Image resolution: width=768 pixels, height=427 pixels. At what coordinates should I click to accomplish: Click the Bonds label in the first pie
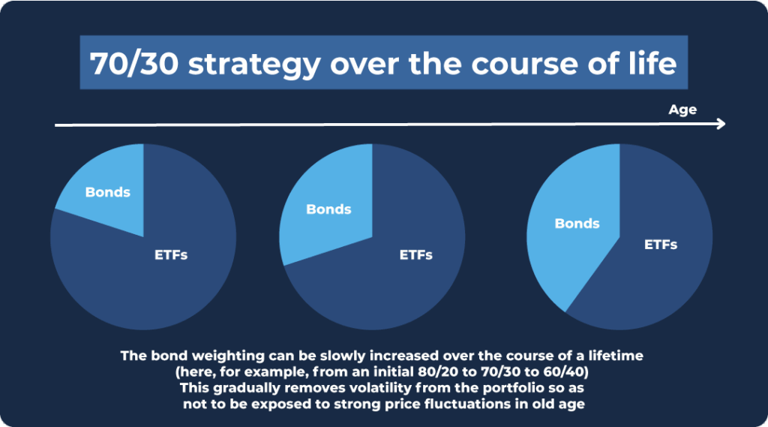(108, 192)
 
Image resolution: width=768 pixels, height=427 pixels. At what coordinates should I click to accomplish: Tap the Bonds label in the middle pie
(328, 209)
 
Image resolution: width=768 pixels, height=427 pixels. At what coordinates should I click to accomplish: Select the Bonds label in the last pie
(577, 224)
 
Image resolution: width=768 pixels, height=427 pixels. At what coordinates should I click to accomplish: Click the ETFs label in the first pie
(171, 255)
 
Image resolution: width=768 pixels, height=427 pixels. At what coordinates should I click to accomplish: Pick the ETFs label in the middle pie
(415, 255)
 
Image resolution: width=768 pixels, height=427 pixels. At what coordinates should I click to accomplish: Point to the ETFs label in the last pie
(661, 245)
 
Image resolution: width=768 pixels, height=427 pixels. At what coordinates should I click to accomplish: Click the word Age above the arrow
(682, 110)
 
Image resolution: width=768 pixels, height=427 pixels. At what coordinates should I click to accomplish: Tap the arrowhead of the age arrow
(721, 124)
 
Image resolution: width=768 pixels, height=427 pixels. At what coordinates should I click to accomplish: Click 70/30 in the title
(133, 64)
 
